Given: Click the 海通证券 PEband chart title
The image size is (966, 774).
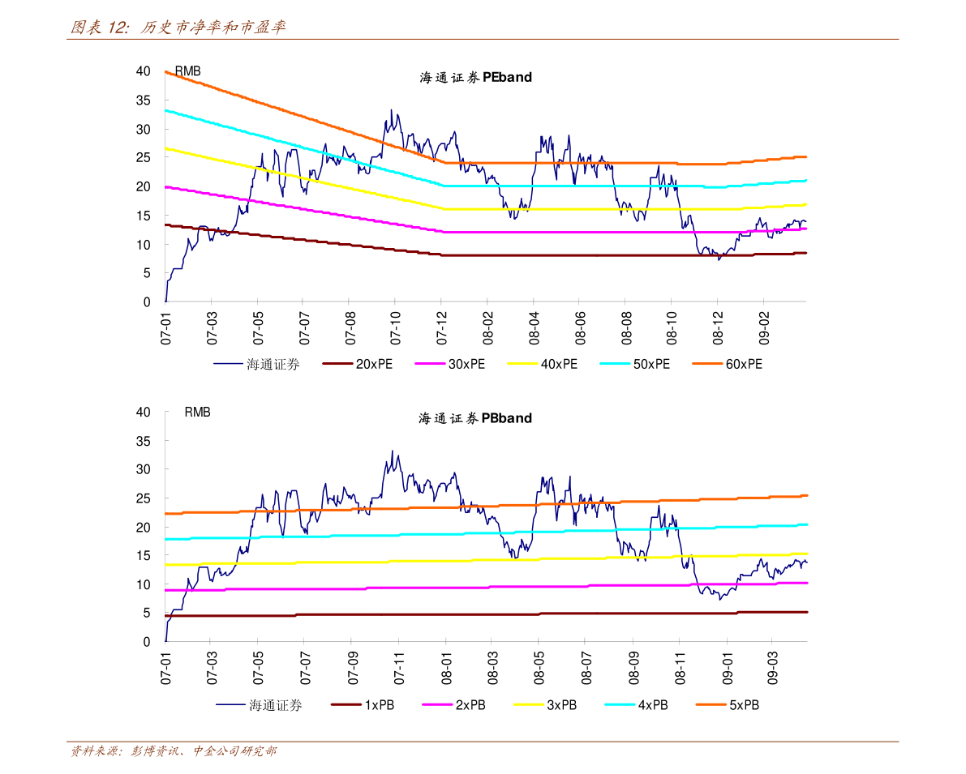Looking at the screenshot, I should (x=475, y=78).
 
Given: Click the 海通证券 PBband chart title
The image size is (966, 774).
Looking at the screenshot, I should (x=475, y=419).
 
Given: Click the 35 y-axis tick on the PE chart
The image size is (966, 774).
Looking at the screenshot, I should (x=144, y=100).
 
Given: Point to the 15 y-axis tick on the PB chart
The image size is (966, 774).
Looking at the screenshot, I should (x=144, y=556).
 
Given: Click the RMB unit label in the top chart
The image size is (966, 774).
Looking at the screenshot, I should (x=187, y=71).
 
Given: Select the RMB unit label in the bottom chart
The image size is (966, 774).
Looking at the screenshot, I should (x=197, y=413).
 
